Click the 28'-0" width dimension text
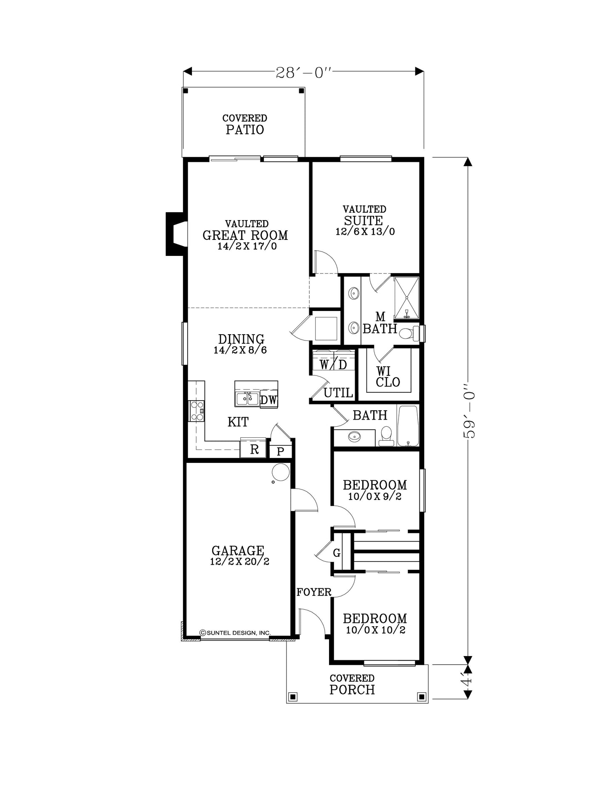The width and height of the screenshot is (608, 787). pos(304,73)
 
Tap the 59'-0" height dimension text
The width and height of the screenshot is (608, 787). pos(469,410)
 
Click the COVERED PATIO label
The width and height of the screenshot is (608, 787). pos(245,125)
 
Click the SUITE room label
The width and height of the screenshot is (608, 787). pos(364,221)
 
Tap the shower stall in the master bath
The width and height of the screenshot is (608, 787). pos(406,298)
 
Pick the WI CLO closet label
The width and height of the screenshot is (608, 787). pos(388,377)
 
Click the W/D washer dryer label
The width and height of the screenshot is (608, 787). pos(333,364)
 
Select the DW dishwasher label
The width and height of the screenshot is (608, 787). pos(268,400)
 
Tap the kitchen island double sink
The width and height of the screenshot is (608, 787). pos(247,398)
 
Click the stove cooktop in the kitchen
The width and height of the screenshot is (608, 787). pos(197,411)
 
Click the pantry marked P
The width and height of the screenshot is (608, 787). pos(281,452)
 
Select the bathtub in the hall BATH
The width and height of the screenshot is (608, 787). pos(408,426)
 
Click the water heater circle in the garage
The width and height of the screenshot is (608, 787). pos(281,471)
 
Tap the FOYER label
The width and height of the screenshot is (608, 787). pos(314,592)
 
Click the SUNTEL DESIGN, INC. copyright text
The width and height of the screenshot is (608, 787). pos(235,633)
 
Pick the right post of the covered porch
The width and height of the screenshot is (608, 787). pos(422,697)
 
